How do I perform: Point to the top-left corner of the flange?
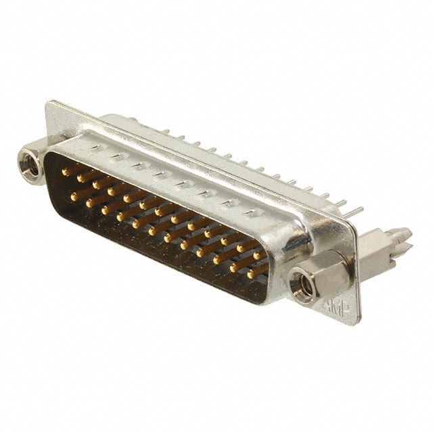pyautogui.click(x=49, y=104)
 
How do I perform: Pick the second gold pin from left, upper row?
pyautogui.click(x=81, y=179)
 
